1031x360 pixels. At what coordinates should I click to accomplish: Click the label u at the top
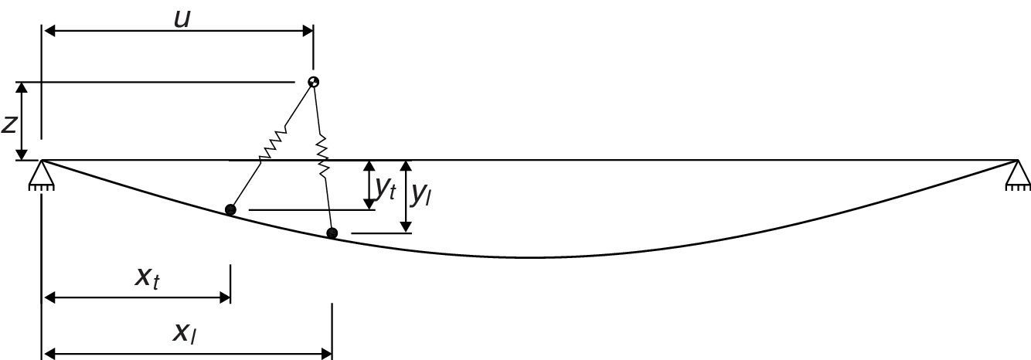(182, 19)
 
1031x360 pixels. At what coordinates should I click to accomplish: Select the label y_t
(385, 188)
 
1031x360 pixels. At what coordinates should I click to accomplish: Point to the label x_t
(147, 277)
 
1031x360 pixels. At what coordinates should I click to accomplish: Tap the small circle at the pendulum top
(313, 82)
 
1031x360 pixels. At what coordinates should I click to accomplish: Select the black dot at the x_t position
(230, 209)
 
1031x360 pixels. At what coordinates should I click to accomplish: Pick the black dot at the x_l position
(332, 233)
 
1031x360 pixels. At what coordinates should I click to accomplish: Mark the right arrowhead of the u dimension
(307, 32)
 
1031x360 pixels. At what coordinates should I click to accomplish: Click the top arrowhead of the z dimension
(24, 87)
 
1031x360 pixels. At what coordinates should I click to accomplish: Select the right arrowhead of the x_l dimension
(326, 354)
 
